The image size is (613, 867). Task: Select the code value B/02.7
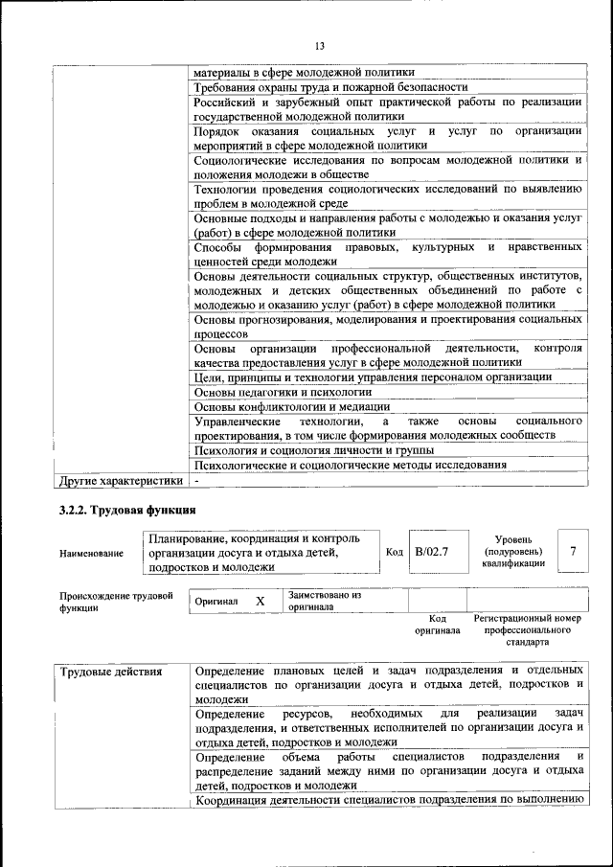pos(432,553)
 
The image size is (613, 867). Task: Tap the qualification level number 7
pos(573,552)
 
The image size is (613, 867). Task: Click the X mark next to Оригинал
pos(260,601)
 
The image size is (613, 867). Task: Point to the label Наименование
pos(91,554)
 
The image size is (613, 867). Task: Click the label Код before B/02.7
pos(394,553)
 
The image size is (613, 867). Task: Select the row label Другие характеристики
pos(120,480)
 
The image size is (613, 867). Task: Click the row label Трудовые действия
pos(110,671)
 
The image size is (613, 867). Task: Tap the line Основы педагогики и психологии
pos(282,392)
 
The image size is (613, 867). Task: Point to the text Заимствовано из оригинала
pos(324,601)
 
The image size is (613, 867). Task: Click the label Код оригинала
pos(438,625)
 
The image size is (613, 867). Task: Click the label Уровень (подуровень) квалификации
pos(514,552)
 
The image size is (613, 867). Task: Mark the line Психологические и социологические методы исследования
pos(350,465)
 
